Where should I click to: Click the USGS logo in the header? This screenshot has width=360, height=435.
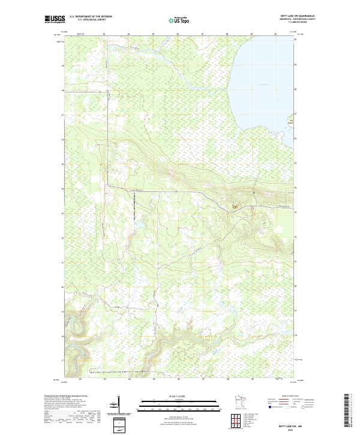[x=55, y=19]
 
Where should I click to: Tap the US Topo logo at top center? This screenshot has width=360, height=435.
[x=180, y=20]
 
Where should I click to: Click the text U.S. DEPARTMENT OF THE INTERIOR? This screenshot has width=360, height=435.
[x=91, y=17]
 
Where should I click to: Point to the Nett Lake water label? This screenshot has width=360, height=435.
[x=265, y=85]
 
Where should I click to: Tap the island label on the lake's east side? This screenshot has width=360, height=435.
[x=293, y=121]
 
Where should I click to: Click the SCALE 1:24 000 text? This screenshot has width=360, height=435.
[x=179, y=397]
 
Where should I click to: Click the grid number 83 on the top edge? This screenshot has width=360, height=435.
[x=104, y=34]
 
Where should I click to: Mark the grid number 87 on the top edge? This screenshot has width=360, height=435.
[x=203, y=34]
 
